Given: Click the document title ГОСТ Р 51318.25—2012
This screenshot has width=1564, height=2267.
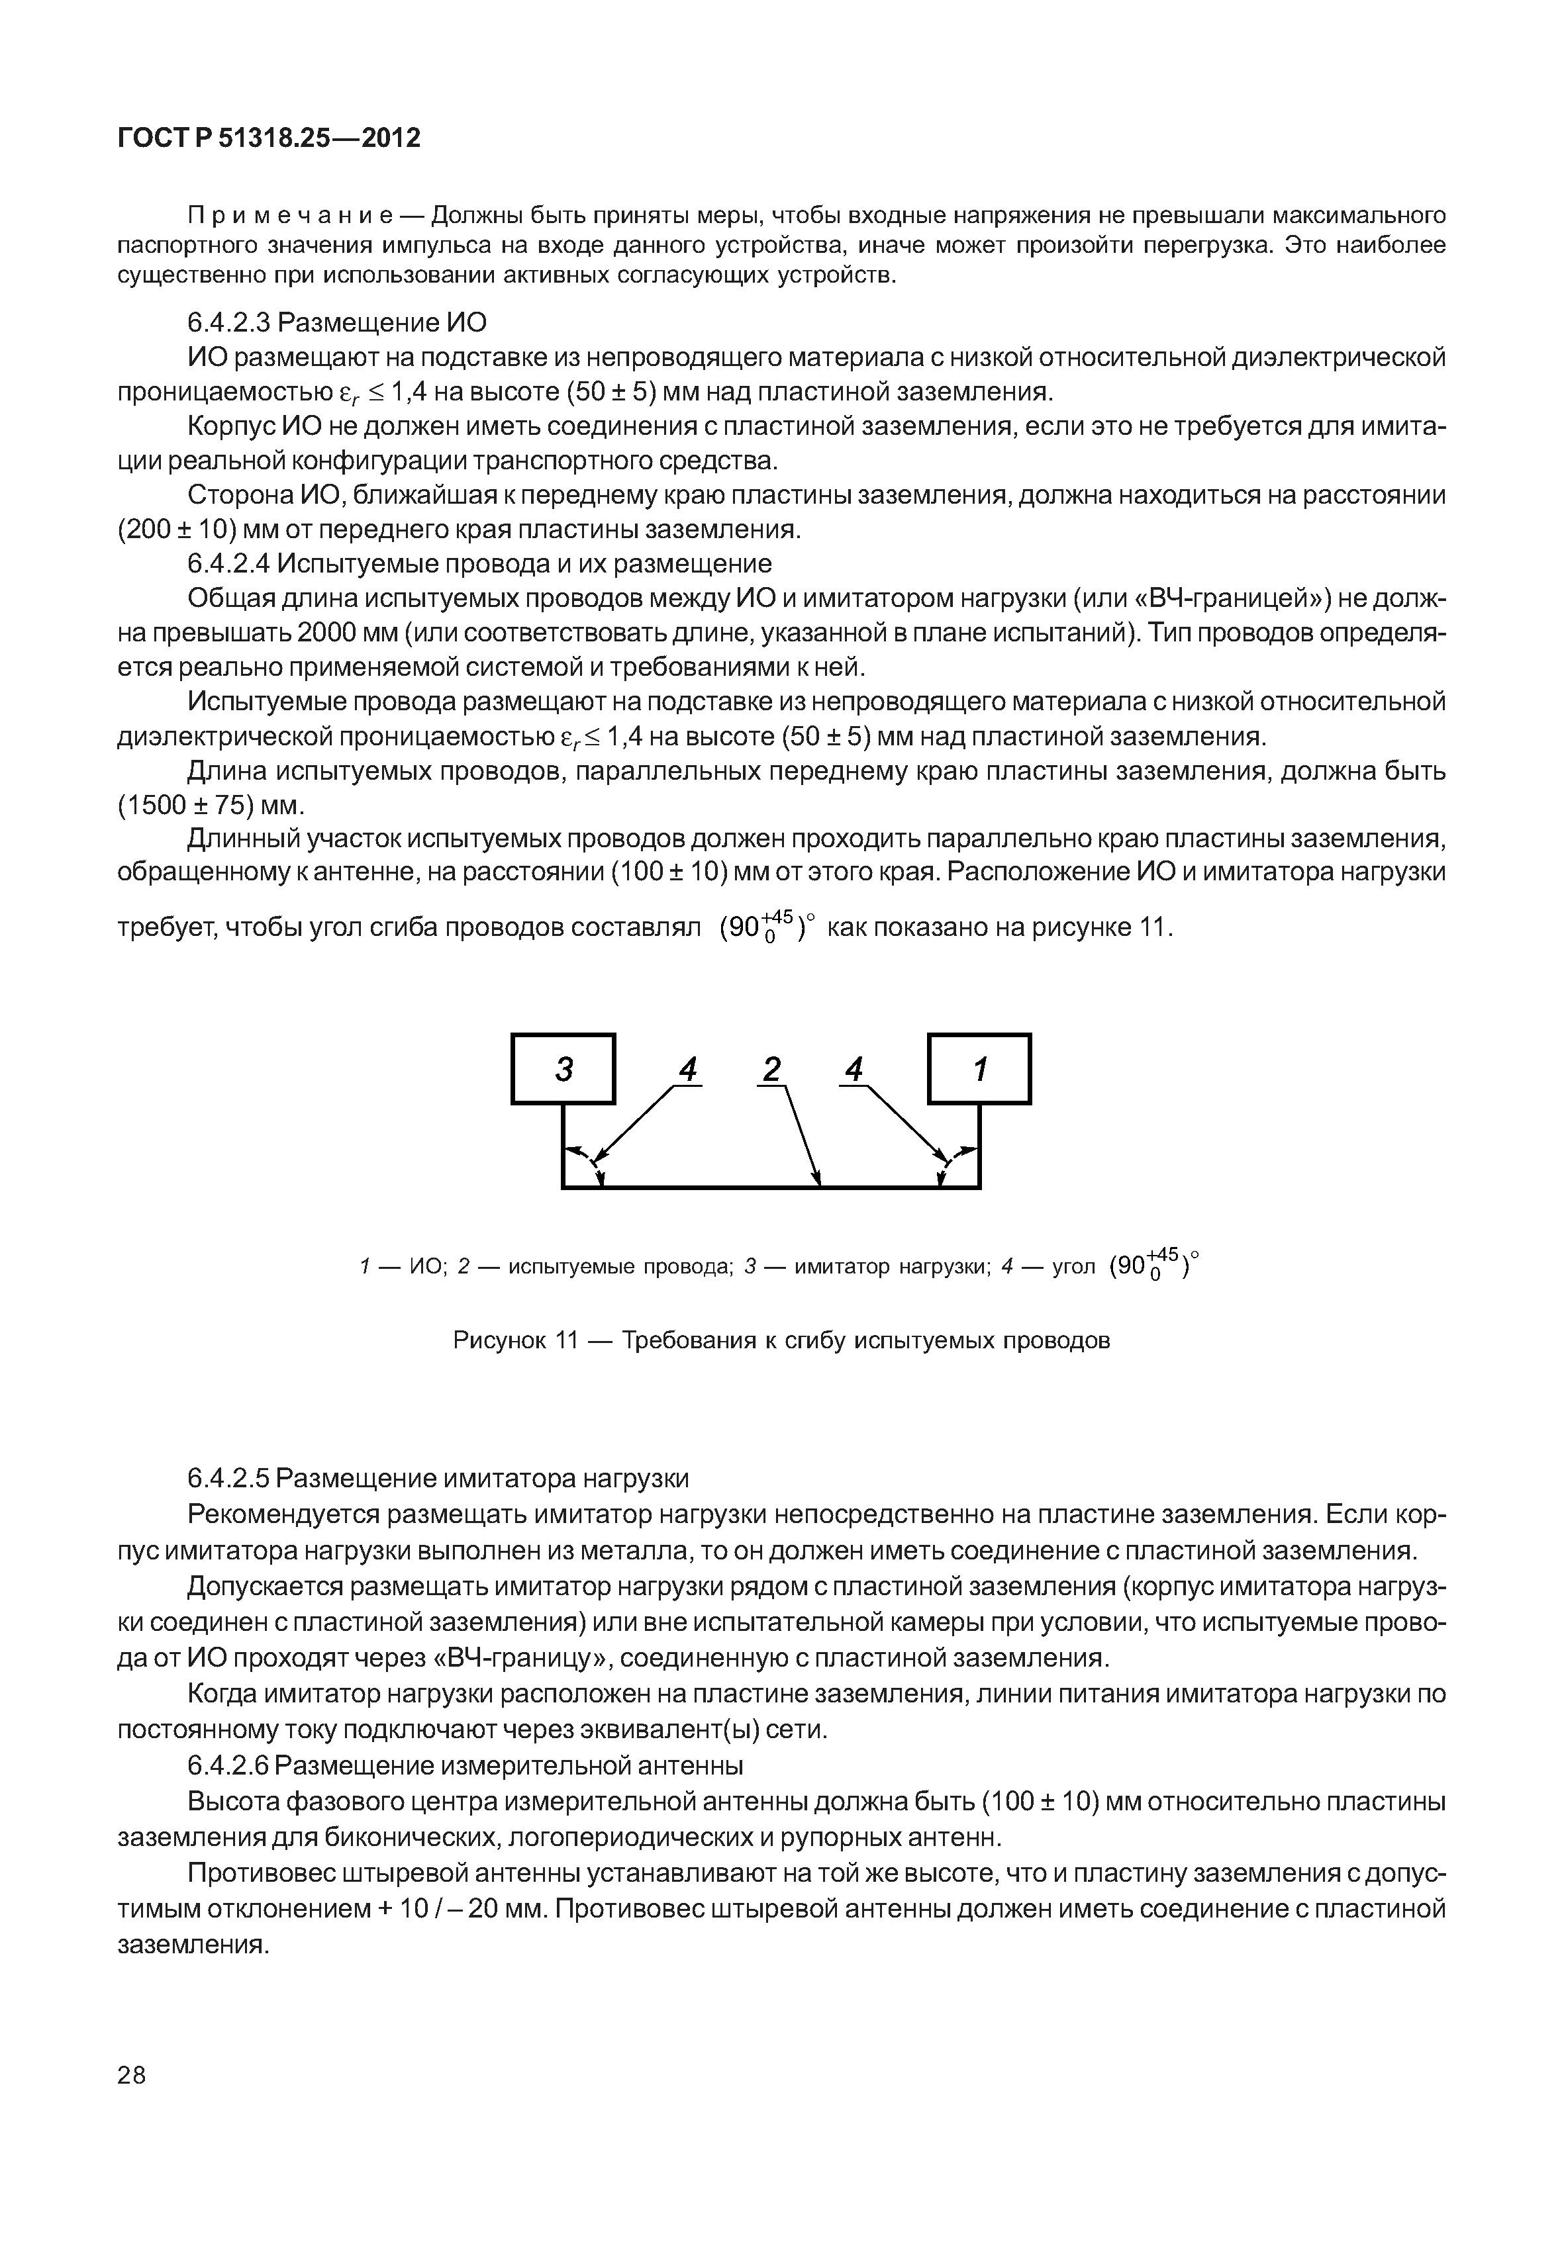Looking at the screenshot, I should tap(269, 138).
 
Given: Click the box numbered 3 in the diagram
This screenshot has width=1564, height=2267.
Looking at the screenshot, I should tap(563, 1069).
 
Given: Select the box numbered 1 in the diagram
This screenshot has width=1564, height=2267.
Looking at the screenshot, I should tap(979, 1069).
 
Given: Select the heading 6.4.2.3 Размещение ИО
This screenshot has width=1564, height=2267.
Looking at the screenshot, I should tap(336, 322).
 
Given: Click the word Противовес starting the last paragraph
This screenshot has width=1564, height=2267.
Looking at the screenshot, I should tap(262, 1873).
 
